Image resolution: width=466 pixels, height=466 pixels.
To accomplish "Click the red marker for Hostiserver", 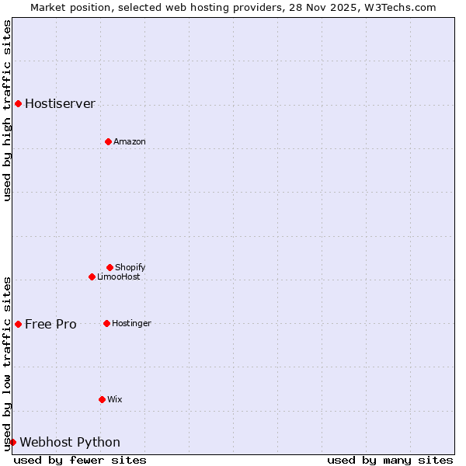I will point(18,103).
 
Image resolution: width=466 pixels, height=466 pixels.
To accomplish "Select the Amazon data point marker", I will point(108,141).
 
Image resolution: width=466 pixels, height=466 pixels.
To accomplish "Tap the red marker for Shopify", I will point(110,267).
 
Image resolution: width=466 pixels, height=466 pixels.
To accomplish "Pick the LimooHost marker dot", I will point(92,276).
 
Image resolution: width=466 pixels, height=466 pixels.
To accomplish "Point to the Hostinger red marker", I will point(106,323).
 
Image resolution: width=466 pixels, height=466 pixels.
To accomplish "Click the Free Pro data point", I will point(18,324).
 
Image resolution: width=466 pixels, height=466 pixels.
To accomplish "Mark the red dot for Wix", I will point(102,399).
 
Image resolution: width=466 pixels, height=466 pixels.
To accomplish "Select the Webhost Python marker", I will point(12,442).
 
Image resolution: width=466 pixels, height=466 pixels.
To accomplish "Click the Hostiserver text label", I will point(60,103).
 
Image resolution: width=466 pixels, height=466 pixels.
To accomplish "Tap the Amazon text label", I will point(129,141).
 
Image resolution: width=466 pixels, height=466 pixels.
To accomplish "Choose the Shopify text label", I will point(130,267).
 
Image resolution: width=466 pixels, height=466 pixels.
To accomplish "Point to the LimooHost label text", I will point(118,276).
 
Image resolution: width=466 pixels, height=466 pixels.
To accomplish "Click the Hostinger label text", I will point(131,323).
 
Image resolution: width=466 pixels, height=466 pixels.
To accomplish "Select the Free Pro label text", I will point(50,324).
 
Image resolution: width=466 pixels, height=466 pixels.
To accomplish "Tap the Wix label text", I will point(114,399).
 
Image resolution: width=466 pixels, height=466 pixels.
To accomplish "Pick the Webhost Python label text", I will point(70,442).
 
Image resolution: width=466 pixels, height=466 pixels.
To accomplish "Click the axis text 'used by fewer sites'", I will point(80,460).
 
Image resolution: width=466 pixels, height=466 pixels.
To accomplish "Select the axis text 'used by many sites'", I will point(390,460).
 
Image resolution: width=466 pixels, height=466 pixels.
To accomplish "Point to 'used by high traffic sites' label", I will point(7,110).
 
